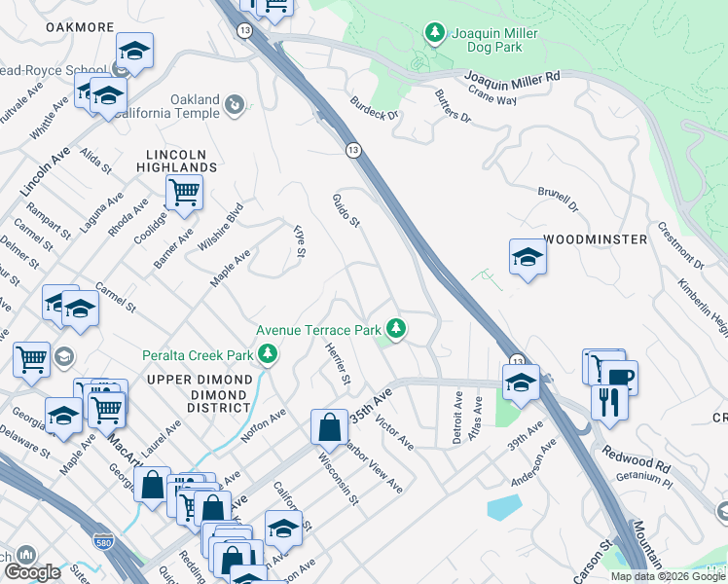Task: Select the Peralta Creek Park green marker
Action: tap(273, 355)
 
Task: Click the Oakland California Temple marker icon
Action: tap(234, 103)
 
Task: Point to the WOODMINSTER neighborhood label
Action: tap(595, 238)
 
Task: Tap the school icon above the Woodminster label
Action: tap(527, 257)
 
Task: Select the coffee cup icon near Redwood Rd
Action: tap(617, 376)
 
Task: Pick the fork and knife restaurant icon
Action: tap(609, 401)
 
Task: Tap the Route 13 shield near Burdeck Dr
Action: tap(352, 149)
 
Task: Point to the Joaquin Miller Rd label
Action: tap(511, 76)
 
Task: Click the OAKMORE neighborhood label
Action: tap(79, 27)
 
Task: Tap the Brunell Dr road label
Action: tap(559, 201)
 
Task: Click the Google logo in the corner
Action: tap(33, 571)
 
